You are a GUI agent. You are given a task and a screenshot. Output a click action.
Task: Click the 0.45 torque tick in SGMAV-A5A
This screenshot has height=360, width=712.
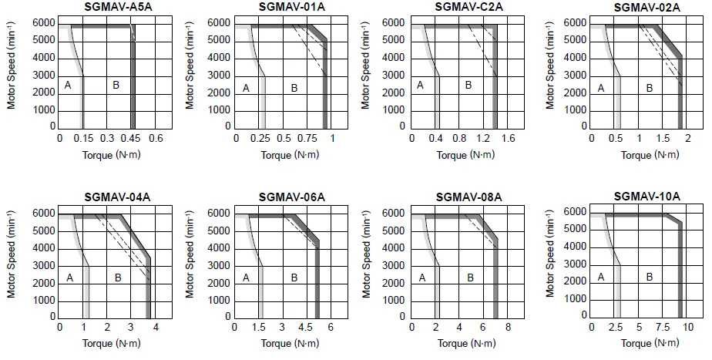(133, 139)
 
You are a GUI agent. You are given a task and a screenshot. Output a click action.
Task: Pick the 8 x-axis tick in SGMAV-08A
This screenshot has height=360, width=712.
(509, 328)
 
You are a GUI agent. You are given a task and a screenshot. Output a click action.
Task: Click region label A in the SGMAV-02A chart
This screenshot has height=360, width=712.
(601, 88)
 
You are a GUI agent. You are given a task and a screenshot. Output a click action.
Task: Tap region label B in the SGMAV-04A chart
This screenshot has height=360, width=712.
(118, 278)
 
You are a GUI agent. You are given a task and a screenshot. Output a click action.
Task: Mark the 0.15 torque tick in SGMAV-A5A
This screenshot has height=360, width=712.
(83, 139)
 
